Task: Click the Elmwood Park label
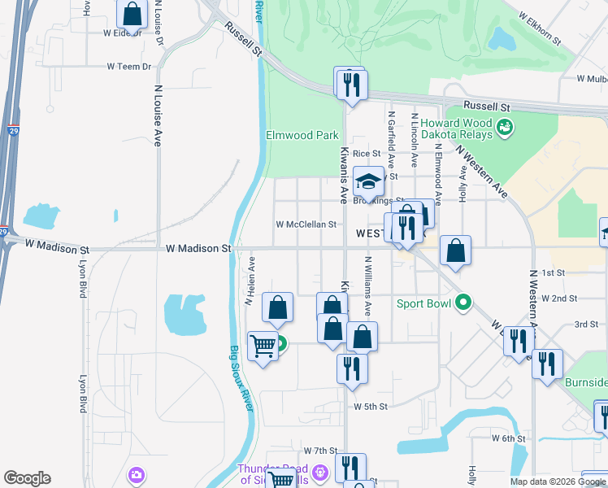[302, 135]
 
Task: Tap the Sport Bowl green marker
[463, 303]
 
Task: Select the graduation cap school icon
[369, 181]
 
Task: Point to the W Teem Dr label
[130, 67]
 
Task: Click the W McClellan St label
[306, 224]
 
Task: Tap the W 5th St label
[371, 406]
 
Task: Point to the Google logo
[27, 478]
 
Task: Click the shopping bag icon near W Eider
[130, 14]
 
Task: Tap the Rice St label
[366, 153]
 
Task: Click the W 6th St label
[509, 438]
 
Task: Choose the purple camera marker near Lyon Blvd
[137, 474]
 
